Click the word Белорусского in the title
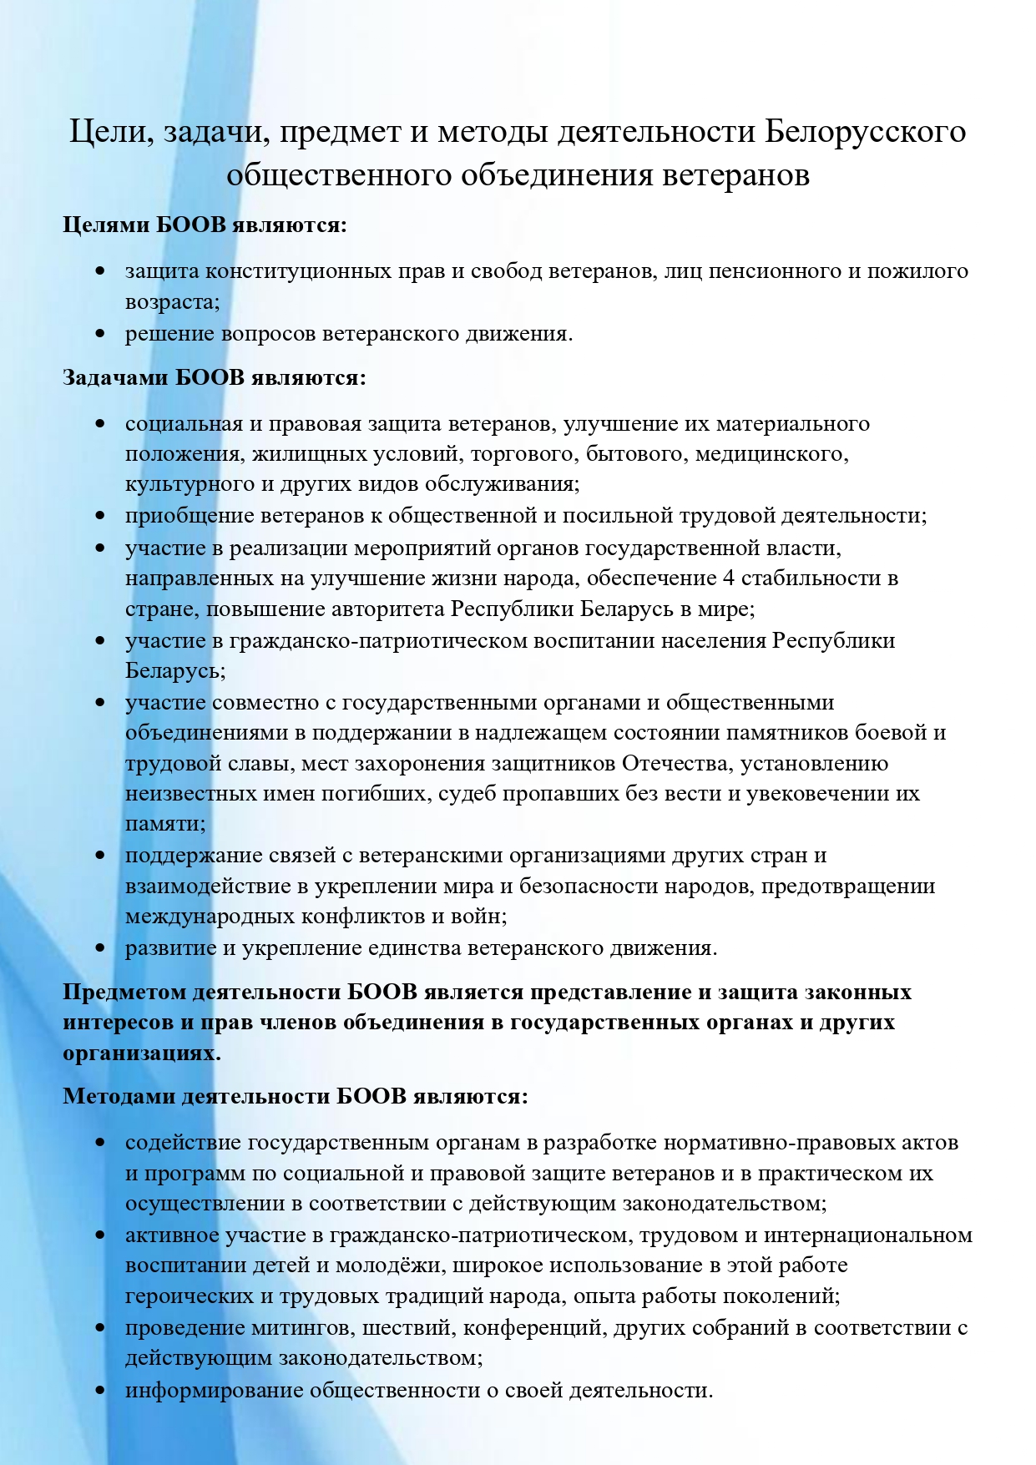tap(866, 132)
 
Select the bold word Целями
tap(106, 225)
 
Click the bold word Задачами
tap(116, 378)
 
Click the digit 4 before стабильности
tap(728, 578)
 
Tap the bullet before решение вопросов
tap(100, 334)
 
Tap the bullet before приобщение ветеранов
tap(100, 516)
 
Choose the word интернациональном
tap(868, 1235)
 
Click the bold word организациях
tap(142, 1053)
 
